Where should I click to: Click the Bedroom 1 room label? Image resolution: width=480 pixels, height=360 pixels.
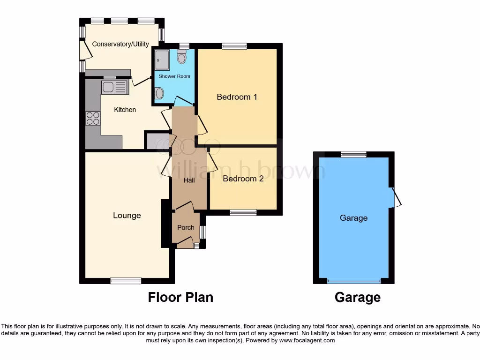coord(237,97)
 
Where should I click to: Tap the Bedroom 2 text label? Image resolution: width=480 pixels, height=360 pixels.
coord(243,179)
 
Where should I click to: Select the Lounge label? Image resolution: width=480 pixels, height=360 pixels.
coord(127,216)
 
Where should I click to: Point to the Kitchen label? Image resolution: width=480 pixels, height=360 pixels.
coord(125,110)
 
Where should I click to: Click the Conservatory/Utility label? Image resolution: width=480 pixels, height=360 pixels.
coord(120,44)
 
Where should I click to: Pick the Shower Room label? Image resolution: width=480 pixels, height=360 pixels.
coord(174,76)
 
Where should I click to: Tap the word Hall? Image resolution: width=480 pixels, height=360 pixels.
coord(189,180)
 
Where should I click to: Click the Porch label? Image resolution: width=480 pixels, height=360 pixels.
coord(186,228)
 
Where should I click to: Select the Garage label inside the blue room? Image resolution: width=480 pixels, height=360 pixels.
coord(353,218)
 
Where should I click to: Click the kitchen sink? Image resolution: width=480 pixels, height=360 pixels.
coord(114,87)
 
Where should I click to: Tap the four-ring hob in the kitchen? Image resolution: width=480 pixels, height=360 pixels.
coord(93,118)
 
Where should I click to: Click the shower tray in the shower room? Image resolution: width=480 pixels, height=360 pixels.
coord(162,60)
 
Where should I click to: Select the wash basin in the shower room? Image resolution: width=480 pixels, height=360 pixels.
coord(159,94)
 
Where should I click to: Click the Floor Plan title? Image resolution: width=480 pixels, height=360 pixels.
coord(180,297)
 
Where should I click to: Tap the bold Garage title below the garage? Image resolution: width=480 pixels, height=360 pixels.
coord(357,297)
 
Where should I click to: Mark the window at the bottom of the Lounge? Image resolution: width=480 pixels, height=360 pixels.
coord(126,281)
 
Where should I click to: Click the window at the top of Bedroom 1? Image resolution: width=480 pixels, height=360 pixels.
coord(234,46)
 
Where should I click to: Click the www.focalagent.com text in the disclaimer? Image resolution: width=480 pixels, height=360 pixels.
coord(307,340)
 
